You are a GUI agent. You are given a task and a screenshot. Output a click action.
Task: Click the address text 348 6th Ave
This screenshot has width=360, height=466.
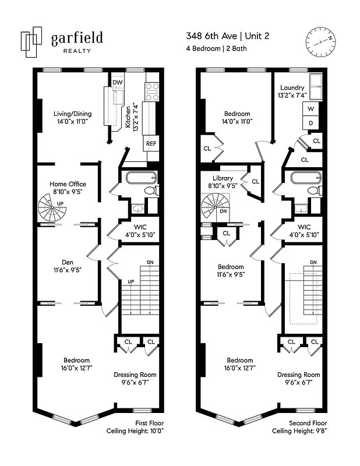click(x=210, y=36)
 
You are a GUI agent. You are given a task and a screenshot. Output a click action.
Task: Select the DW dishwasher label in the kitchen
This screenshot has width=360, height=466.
click(x=117, y=83)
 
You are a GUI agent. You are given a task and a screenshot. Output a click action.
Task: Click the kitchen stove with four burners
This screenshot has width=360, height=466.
click(x=151, y=89)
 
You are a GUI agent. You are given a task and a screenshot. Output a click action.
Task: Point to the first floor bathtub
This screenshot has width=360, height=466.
click(x=137, y=178)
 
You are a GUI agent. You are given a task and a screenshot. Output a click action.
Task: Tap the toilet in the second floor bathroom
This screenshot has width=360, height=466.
click(x=313, y=190)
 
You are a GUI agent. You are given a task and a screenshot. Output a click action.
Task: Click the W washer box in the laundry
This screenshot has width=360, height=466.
click(x=310, y=110)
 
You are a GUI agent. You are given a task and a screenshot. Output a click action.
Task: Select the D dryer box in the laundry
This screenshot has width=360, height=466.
click(x=310, y=123)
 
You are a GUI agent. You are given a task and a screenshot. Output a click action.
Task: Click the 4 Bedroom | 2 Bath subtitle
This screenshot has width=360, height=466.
click(x=217, y=48)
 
